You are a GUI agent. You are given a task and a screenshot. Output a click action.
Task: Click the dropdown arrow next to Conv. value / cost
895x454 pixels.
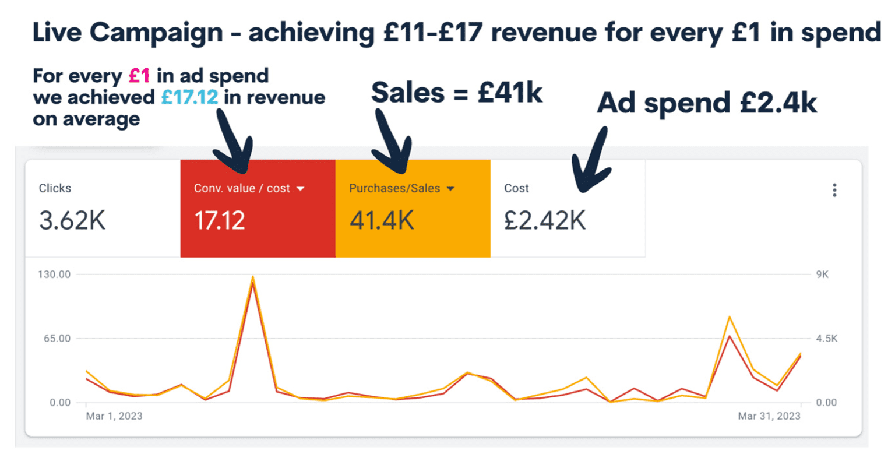[x=301, y=189]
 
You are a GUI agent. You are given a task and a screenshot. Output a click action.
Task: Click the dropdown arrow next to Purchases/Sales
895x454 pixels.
[x=450, y=189]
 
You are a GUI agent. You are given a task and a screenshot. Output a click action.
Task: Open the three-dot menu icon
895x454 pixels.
[x=835, y=190]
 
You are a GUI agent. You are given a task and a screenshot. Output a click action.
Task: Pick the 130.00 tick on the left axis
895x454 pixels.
[x=54, y=274]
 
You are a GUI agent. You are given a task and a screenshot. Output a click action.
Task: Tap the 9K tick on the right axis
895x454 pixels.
[x=822, y=274]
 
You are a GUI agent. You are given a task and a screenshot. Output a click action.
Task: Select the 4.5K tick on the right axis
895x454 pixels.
[x=826, y=339]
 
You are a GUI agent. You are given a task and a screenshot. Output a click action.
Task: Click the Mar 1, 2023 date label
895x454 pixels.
[x=115, y=416]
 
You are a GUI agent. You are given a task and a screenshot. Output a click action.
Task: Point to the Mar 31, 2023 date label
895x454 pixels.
[x=769, y=416]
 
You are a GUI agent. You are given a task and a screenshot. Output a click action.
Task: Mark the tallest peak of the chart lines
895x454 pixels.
[x=252, y=279]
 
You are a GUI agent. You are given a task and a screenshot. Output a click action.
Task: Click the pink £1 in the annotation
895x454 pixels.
[x=139, y=76]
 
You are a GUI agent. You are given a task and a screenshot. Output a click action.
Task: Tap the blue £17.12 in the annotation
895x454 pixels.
[x=189, y=97]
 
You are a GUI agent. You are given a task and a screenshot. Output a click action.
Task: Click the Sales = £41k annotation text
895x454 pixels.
[x=457, y=93]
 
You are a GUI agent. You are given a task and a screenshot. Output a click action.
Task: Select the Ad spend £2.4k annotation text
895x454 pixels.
[x=707, y=103]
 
